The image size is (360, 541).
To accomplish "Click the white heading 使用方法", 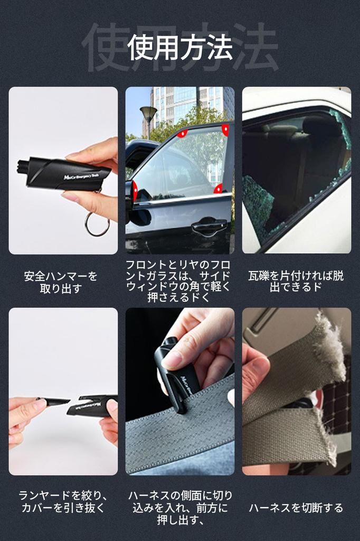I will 180,48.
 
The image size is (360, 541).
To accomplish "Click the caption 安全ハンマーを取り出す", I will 61,282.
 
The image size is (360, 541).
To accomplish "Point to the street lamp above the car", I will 148,112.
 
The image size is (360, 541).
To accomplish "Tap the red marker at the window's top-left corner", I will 182,134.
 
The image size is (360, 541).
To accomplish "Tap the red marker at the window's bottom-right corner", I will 218,189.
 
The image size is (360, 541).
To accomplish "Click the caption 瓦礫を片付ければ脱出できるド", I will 296,282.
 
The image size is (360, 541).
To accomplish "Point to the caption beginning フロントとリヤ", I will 179,281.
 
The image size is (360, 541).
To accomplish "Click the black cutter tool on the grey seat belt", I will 174,375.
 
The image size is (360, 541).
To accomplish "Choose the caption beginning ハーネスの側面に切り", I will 180,508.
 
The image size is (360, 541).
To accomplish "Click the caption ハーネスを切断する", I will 296,508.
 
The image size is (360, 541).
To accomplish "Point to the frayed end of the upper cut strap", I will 330,349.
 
